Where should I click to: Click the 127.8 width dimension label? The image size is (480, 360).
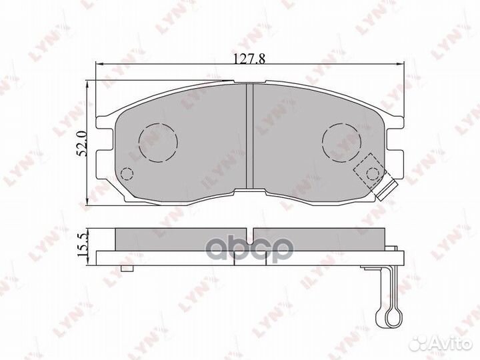coord(249,59)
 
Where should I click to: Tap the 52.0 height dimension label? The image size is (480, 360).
coord(82,143)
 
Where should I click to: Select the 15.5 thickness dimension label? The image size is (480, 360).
coord(83,245)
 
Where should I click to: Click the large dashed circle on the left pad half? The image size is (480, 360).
coord(158,143)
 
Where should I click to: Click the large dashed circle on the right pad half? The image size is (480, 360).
coord(341,143)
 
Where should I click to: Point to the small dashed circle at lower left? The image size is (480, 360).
coord(127,174)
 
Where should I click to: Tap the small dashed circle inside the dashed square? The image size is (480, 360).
coord(373,174)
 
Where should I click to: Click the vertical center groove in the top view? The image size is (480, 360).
coord(250,135)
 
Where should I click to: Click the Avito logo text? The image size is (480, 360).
coord(451,345)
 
